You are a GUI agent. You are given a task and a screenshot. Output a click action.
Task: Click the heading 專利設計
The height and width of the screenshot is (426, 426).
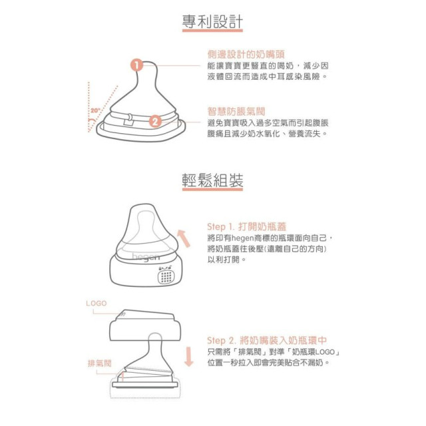click(212, 22)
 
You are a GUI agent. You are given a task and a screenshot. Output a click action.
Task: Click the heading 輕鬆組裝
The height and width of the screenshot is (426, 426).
click(212, 180)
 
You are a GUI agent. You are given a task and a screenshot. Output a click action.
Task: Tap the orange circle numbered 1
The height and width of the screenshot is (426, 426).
click(136, 65)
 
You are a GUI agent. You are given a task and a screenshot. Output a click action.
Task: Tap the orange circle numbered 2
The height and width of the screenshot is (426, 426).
click(154, 121)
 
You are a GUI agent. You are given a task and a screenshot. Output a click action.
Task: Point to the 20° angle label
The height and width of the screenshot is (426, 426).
click(96, 108)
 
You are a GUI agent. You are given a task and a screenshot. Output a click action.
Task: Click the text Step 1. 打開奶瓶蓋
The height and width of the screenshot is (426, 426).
click(247, 226)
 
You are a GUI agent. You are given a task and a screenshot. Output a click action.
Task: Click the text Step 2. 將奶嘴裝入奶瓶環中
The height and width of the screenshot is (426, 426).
click(266, 339)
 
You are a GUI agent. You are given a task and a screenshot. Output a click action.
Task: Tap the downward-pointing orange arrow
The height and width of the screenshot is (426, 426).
click(188, 356)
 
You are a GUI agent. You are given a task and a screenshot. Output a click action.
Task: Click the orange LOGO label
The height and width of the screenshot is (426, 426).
click(96, 303)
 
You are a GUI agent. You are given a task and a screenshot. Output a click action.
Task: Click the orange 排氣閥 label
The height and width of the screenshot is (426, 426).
click(100, 363)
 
